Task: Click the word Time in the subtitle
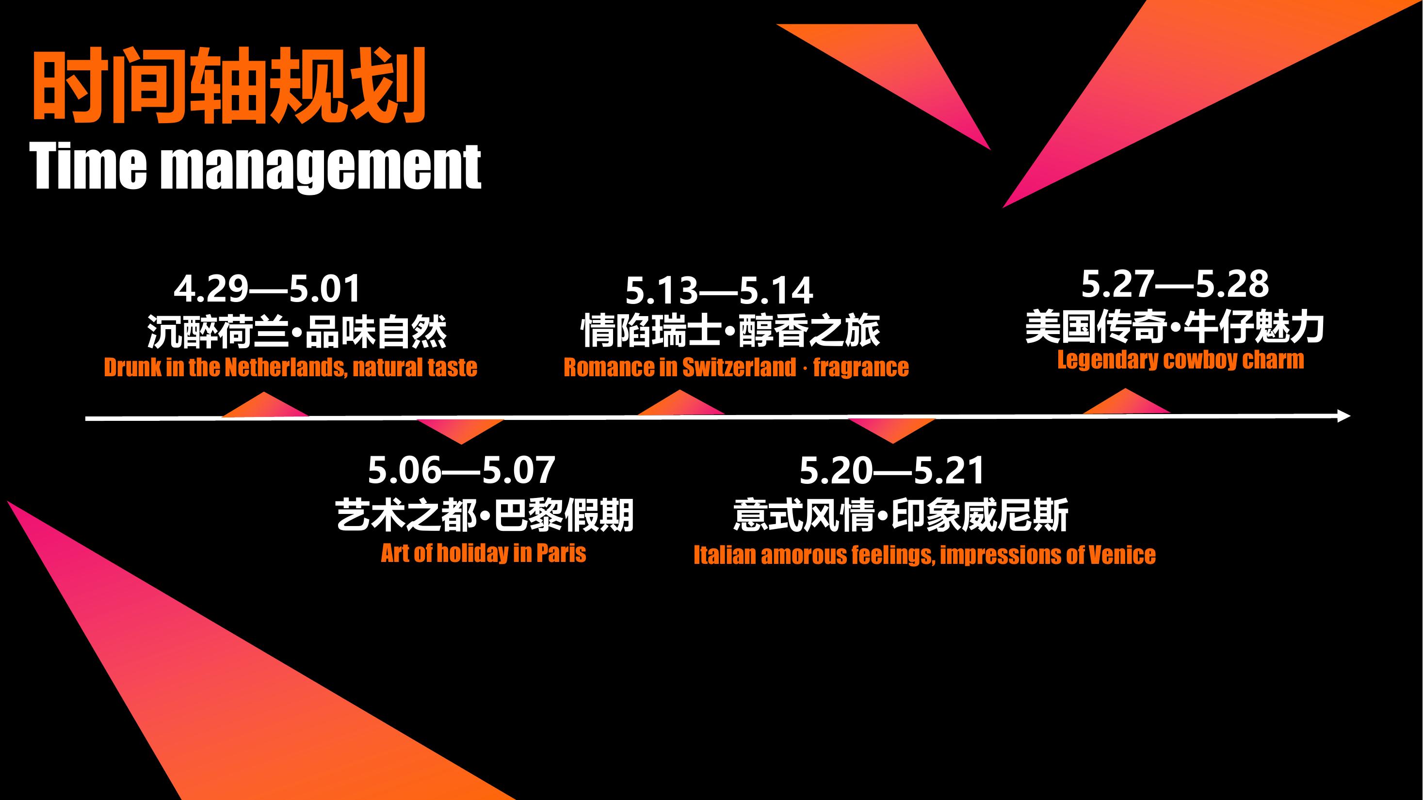[88, 166]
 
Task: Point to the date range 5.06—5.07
[461, 470]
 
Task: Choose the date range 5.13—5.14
[719, 291]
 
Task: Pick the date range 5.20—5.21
[892, 470]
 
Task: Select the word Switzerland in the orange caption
[739, 368]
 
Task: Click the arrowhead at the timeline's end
[1343, 416]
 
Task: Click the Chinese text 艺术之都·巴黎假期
[485, 515]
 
